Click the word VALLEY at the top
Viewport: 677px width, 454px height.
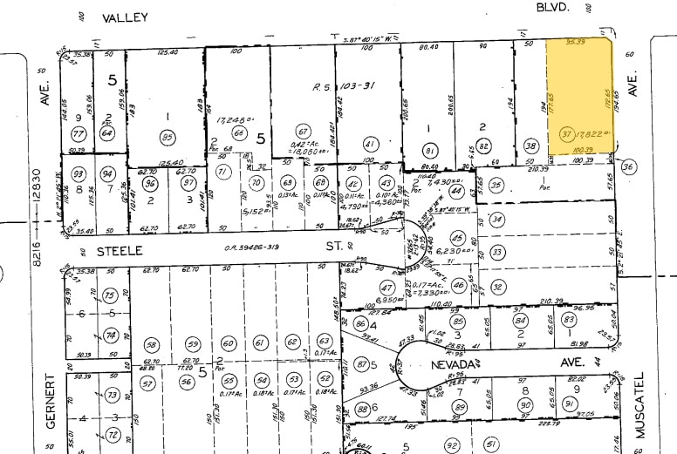[x=125, y=17]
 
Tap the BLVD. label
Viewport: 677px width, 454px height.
[x=553, y=7]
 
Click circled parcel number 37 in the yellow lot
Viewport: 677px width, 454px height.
[x=566, y=133]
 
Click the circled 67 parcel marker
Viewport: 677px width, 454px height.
[x=303, y=130]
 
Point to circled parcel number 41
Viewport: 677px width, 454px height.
[x=370, y=143]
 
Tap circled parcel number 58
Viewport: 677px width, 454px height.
[x=151, y=345]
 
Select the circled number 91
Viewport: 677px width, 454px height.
[x=569, y=403]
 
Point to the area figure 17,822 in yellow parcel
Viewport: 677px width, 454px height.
[x=594, y=133]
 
